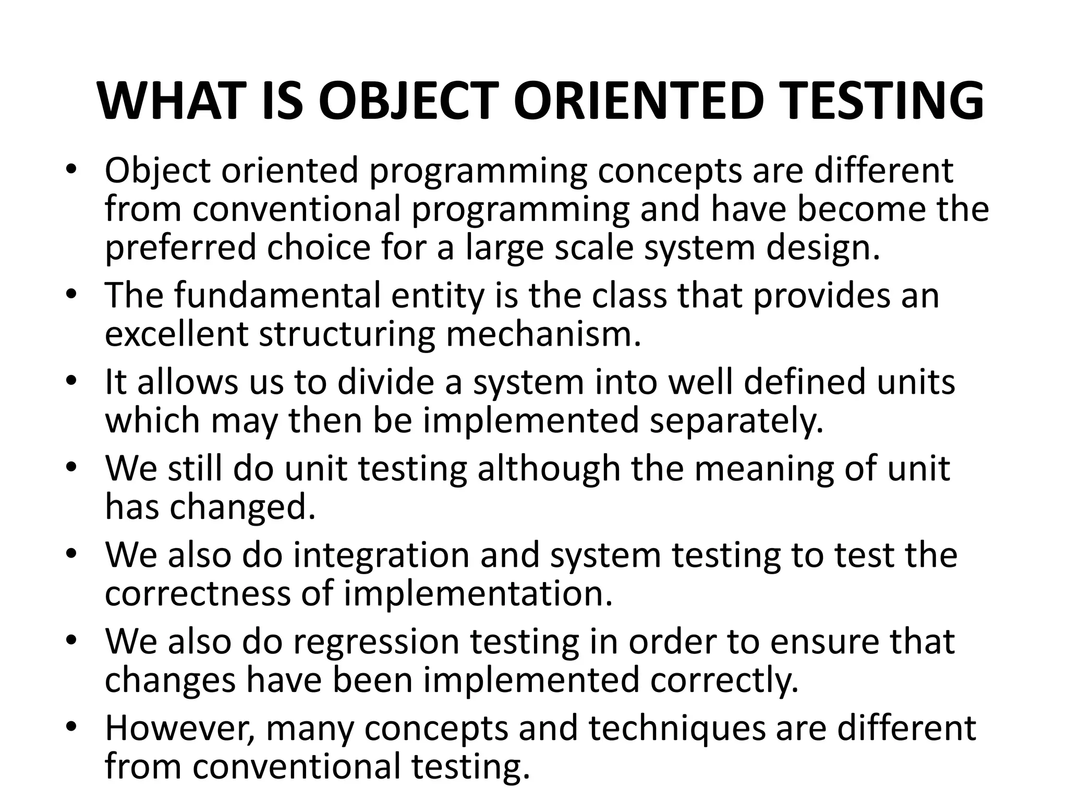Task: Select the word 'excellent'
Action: click(176, 334)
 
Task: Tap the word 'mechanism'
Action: click(543, 334)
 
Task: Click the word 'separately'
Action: click(736, 420)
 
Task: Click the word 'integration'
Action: click(381, 555)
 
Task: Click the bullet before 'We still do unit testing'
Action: click(71, 467)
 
